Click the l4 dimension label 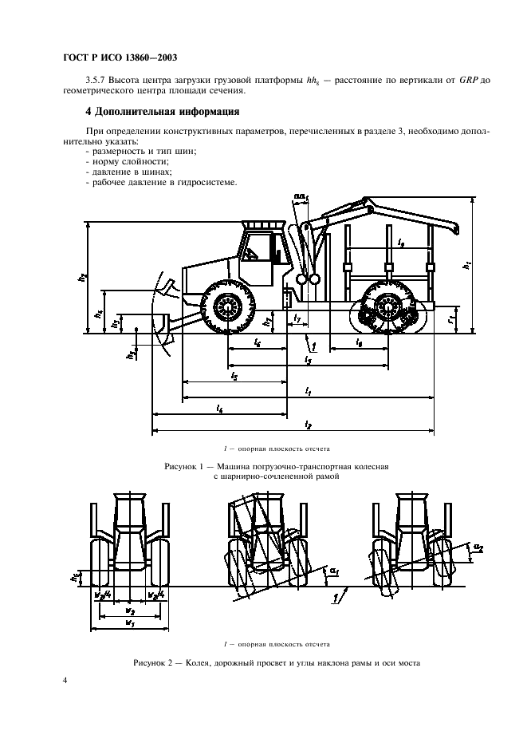tap(218, 408)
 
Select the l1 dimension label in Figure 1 tap(309, 390)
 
